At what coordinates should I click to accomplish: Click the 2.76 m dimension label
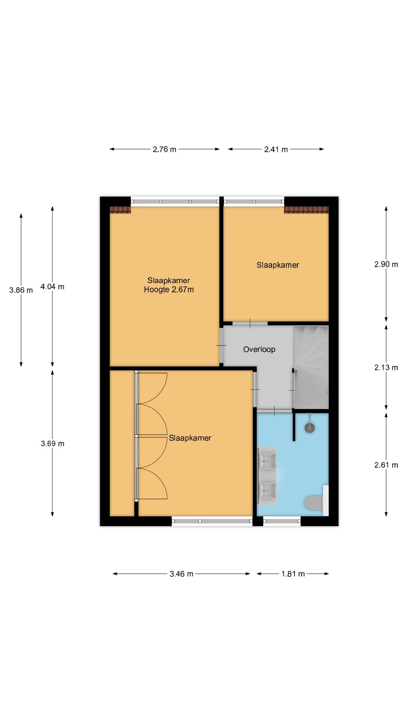pyautogui.click(x=164, y=149)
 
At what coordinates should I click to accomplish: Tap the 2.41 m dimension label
pyautogui.click(x=276, y=149)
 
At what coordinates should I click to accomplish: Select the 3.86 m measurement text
pyautogui.click(x=21, y=290)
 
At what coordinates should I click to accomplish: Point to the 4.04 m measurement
pyautogui.click(x=52, y=287)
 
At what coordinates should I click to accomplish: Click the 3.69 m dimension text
pyautogui.click(x=52, y=444)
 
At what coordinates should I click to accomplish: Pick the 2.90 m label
pyautogui.click(x=386, y=264)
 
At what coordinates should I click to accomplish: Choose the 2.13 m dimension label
pyautogui.click(x=386, y=368)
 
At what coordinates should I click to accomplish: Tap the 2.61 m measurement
pyautogui.click(x=386, y=465)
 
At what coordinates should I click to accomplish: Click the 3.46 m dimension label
pyautogui.click(x=181, y=574)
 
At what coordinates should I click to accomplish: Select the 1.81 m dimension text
pyautogui.click(x=293, y=574)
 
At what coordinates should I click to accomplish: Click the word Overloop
pyautogui.click(x=259, y=349)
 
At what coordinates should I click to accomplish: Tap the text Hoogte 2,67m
pyautogui.click(x=169, y=290)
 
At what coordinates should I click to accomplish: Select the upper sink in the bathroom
pyautogui.click(x=268, y=461)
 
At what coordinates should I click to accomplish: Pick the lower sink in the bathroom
pyautogui.click(x=268, y=490)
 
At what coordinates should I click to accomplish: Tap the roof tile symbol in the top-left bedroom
pyautogui.click(x=120, y=210)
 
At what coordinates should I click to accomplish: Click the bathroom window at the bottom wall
pyautogui.click(x=282, y=521)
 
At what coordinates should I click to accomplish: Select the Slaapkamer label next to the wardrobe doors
pyautogui.click(x=190, y=438)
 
